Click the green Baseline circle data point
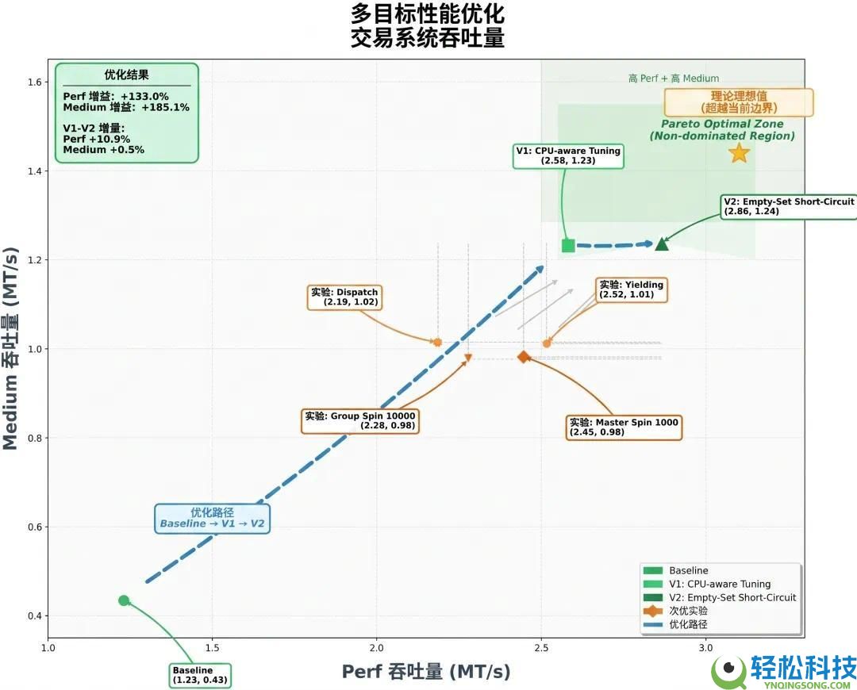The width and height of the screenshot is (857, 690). (124, 600)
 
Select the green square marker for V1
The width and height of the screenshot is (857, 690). (568, 245)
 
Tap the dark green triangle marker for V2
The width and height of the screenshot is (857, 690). (662, 243)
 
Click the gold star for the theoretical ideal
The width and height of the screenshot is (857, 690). (739, 153)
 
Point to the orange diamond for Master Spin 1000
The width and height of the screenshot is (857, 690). (524, 357)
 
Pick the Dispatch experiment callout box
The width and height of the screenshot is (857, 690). (344, 297)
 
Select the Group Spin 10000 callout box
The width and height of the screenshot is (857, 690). (360, 420)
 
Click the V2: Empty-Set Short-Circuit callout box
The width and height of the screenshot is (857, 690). (789, 206)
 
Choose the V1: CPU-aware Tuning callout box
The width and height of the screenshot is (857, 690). (568, 155)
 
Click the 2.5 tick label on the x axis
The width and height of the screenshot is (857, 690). (541, 648)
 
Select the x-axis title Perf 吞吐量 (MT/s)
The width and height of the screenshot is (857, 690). (426, 672)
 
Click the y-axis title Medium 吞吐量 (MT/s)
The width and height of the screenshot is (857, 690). (11, 348)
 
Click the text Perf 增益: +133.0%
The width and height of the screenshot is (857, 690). (116, 97)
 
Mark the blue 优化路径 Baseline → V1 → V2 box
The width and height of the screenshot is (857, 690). (212, 519)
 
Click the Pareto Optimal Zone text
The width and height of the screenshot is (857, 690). (722, 124)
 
